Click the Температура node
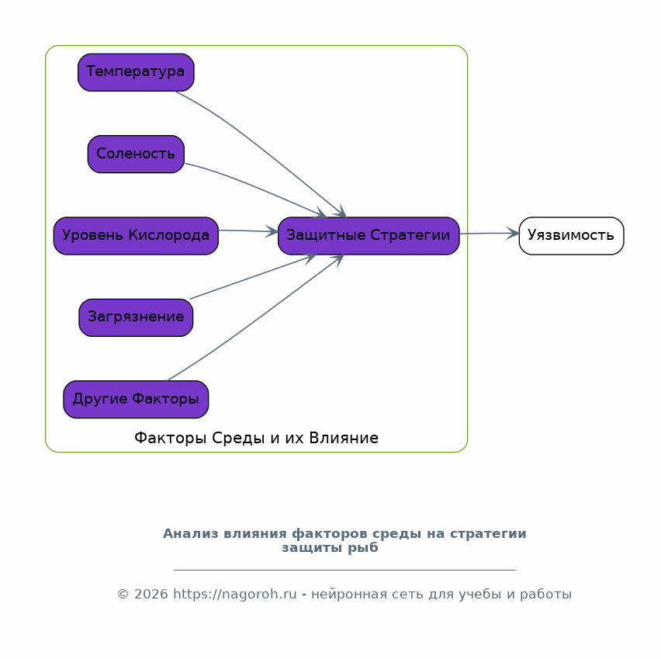tap(136, 72)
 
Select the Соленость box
tap(136, 154)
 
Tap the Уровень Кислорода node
tap(136, 236)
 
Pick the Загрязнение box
tap(136, 317)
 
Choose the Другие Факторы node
tap(136, 400)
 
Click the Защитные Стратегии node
tap(369, 236)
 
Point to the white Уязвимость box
tap(571, 236)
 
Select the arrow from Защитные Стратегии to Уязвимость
tap(489, 234)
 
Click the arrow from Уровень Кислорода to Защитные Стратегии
tap(248, 231)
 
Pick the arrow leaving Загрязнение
tap(253, 277)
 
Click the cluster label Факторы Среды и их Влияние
tap(256, 438)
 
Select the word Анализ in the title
tap(191, 534)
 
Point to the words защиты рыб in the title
tap(330, 548)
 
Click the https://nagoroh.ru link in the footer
tap(235, 594)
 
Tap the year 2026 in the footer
tap(151, 594)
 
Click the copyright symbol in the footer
tap(123, 594)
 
